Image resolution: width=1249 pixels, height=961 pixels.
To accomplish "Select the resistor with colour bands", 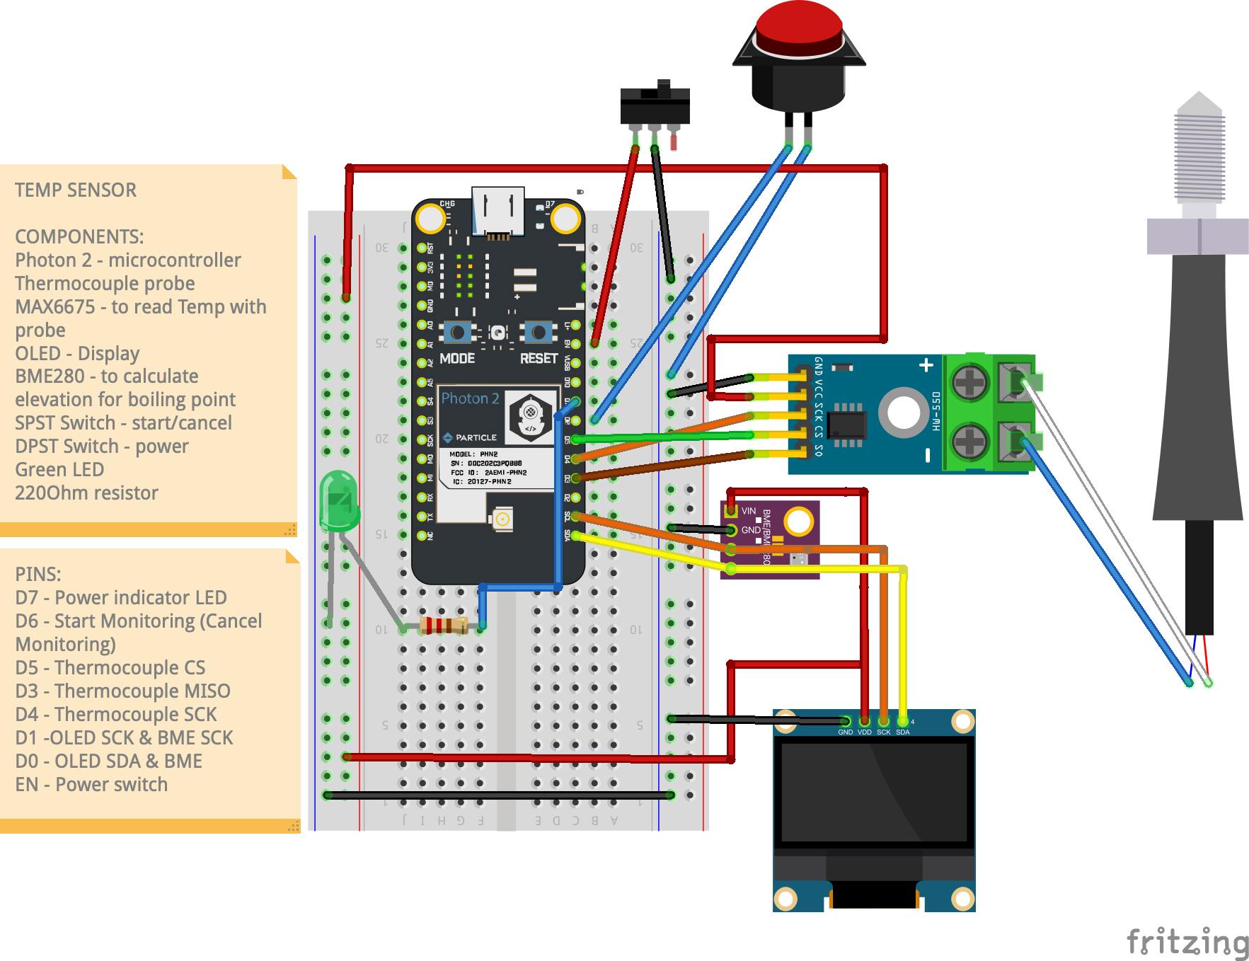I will tap(443, 626).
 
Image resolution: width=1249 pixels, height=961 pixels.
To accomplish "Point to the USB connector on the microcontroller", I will tap(498, 210).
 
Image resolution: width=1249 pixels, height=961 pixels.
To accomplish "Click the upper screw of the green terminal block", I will tap(965, 384).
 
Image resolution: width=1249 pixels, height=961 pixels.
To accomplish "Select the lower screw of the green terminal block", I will tap(965, 442).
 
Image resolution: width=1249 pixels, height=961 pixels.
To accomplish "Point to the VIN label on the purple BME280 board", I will tap(748, 511).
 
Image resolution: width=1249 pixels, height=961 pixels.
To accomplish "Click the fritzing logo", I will tap(1187, 942).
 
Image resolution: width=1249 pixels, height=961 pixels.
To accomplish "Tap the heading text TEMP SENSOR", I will tap(76, 190).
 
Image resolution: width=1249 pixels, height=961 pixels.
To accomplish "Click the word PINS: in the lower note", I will tap(38, 574).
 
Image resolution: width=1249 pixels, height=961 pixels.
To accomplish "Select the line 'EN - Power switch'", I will tap(91, 784).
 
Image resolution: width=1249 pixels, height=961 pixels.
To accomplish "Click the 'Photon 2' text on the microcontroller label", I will tap(470, 398).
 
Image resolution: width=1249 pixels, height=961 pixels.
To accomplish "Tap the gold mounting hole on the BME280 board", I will tap(798, 522).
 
